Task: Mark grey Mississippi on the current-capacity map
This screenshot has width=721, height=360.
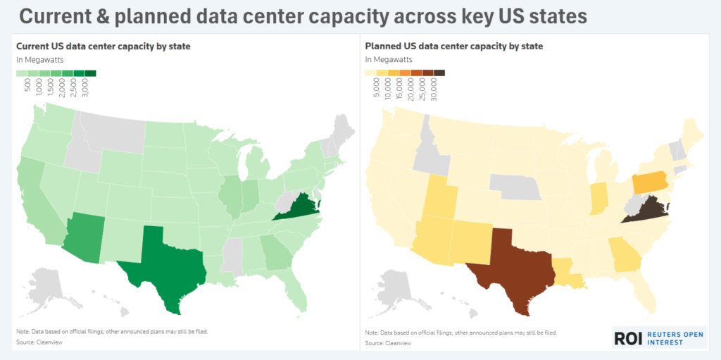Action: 231,256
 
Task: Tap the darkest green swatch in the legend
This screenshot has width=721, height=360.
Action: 92,73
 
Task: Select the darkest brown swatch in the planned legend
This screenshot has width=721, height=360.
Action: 439,73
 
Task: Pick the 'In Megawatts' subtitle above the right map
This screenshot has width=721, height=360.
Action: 388,60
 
